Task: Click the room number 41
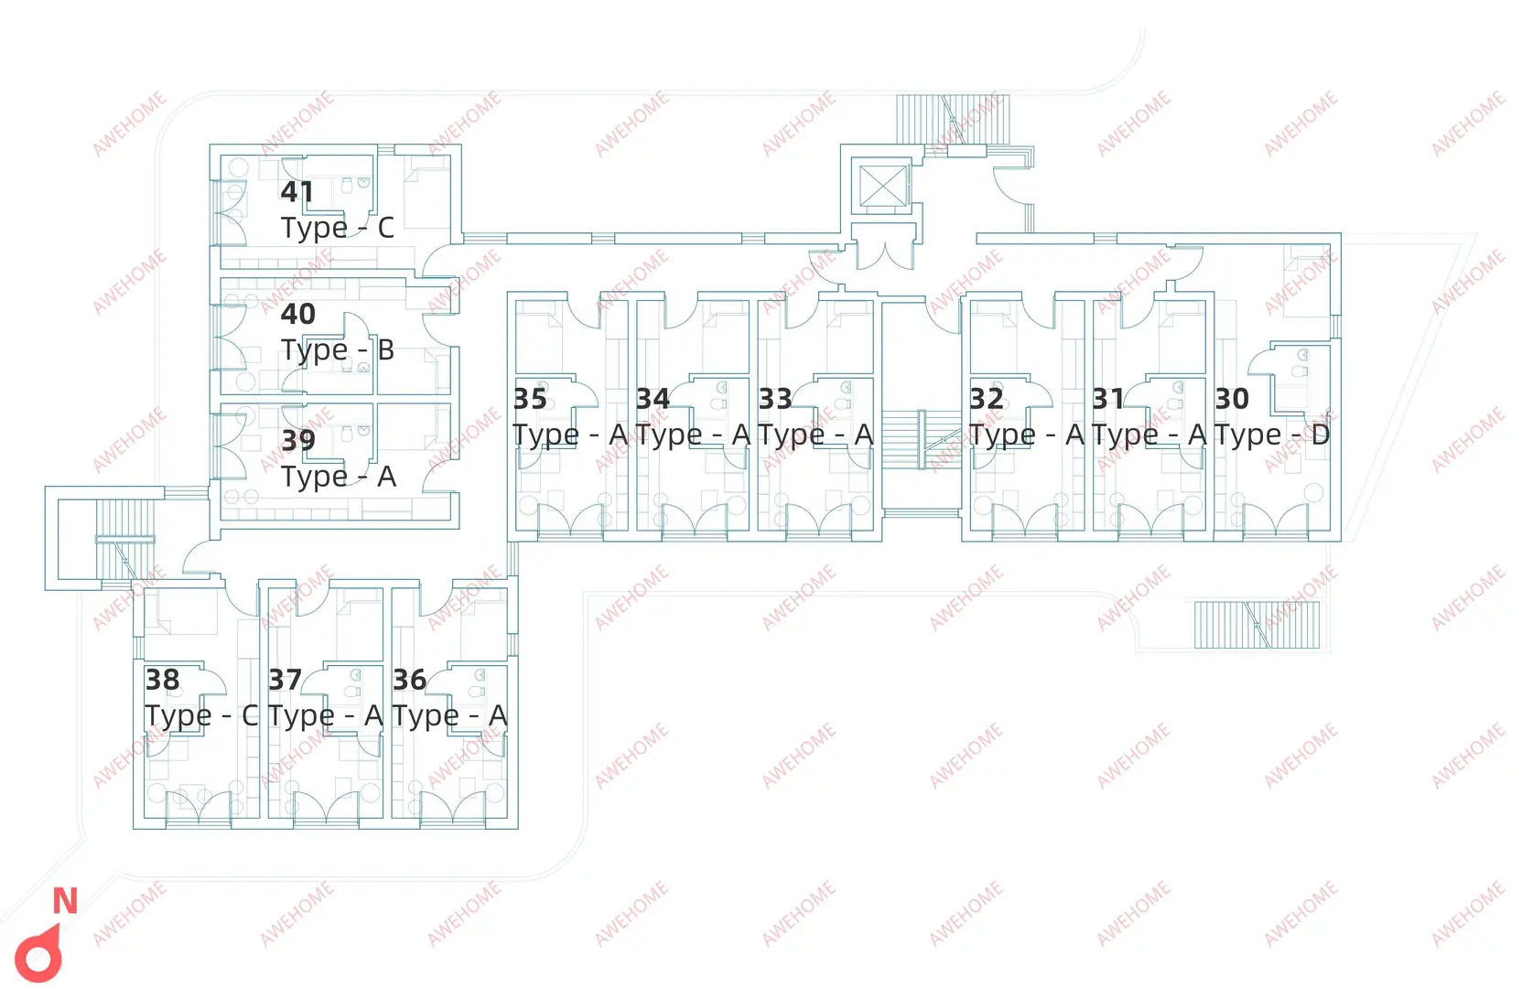pos(297,192)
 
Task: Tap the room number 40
pos(298,315)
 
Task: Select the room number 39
pos(298,441)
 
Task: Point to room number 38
pos(162,680)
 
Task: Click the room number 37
pos(285,680)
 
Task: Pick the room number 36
pos(410,680)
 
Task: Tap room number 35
pos(530,399)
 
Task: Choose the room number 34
pos(653,399)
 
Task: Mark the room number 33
pos(775,399)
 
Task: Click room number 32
pos(987,399)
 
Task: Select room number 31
pos(1107,399)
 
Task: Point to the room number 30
pos(1232,399)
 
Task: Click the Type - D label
pos(1272,435)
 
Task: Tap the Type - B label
pos(338,350)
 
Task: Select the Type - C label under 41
pos(338,228)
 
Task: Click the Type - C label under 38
pos(201,715)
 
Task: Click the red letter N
pos(65,901)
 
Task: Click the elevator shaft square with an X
pos(882,186)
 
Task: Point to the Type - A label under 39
pos(339,477)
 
